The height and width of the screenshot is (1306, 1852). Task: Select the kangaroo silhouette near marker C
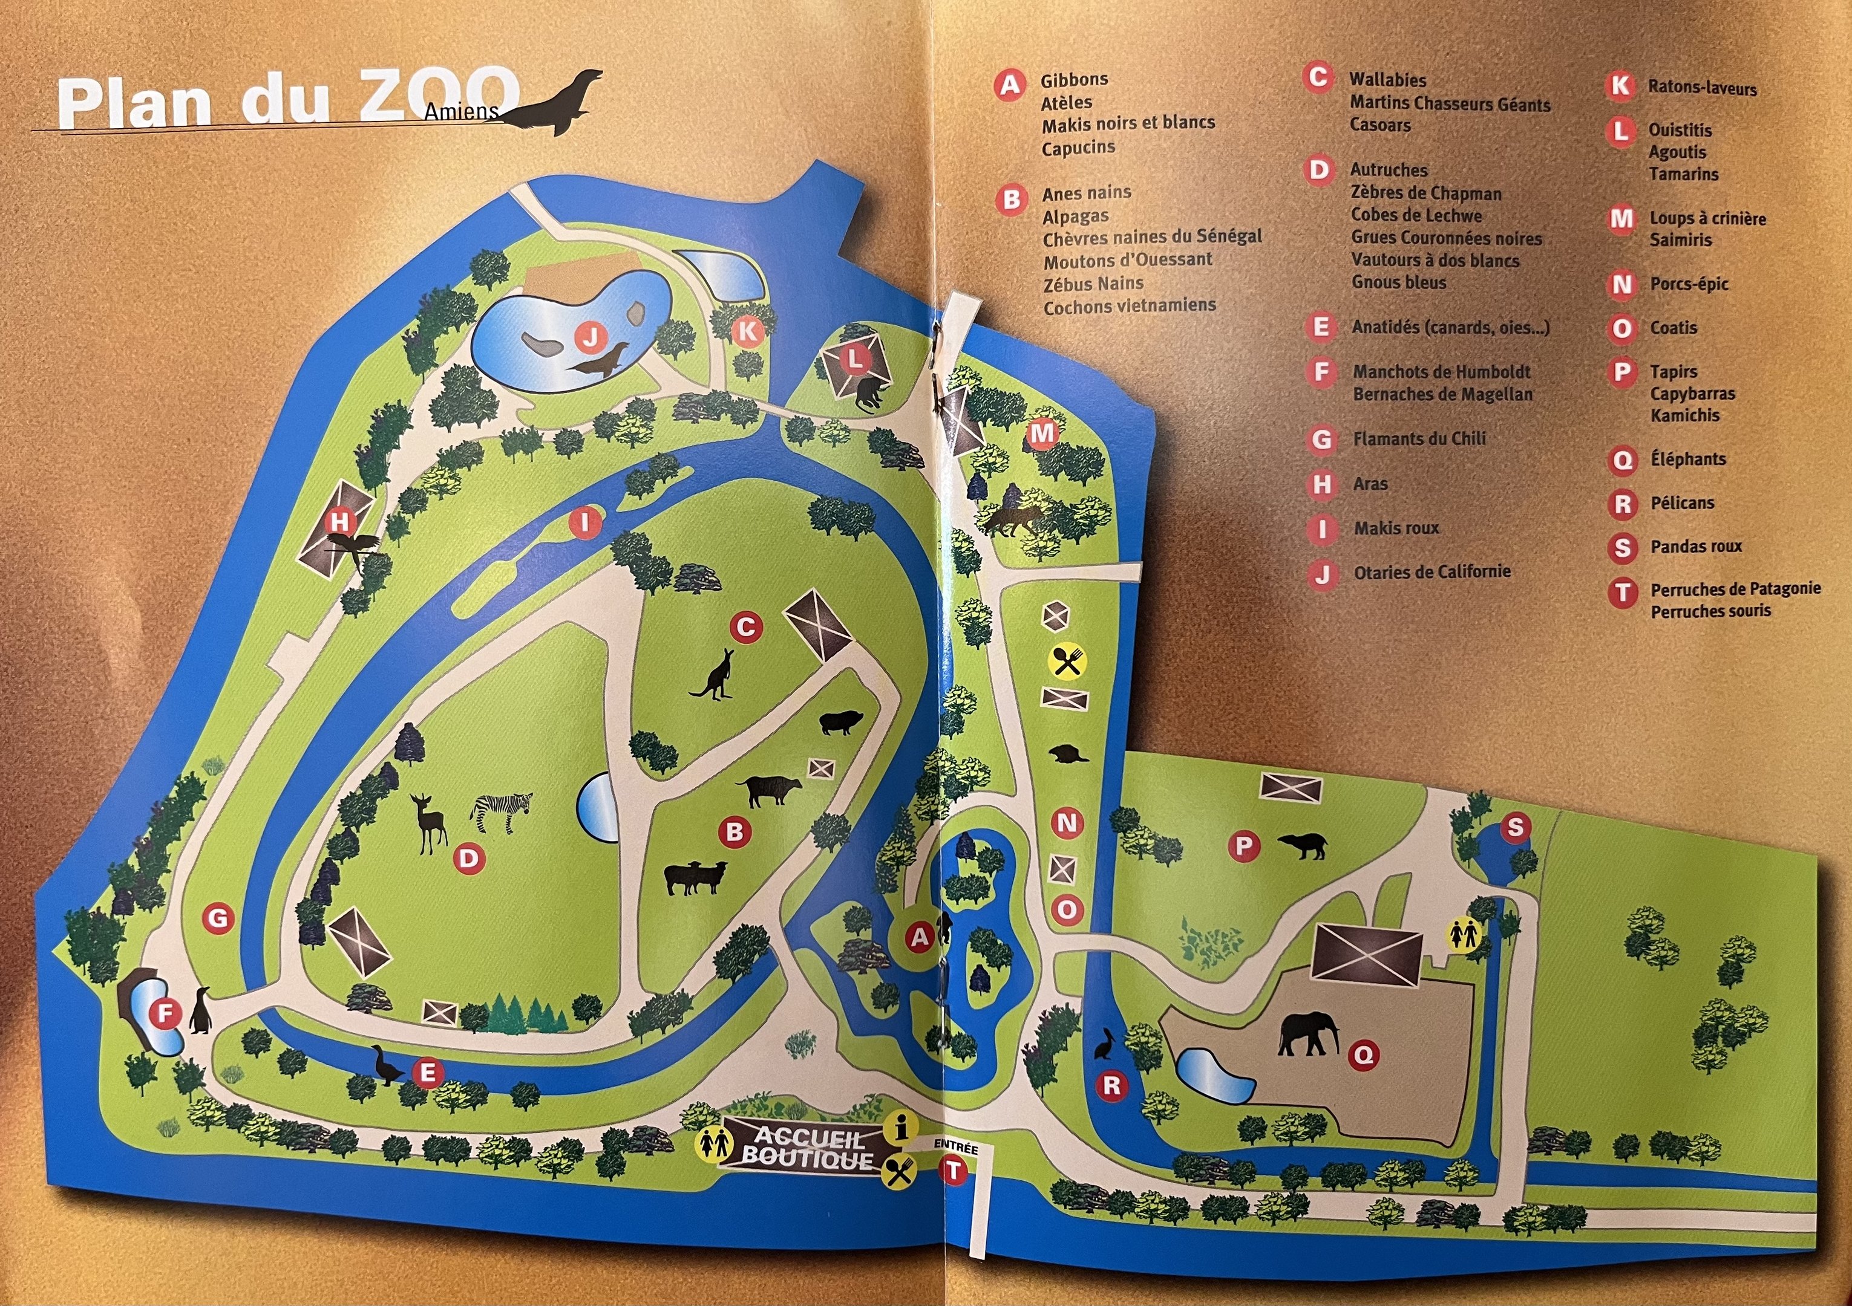coord(711,675)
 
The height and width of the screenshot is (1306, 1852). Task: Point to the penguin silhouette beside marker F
coord(200,1011)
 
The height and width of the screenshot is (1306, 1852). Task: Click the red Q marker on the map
coord(1363,1054)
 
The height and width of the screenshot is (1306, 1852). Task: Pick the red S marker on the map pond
coord(1515,827)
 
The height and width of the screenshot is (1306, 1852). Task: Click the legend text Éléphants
coord(1688,459)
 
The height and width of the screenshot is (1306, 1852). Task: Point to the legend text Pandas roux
coord(1697,547)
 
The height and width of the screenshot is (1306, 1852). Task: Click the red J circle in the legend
coord(1322,574)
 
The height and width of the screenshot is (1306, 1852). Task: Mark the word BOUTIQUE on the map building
coord(807,1159)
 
